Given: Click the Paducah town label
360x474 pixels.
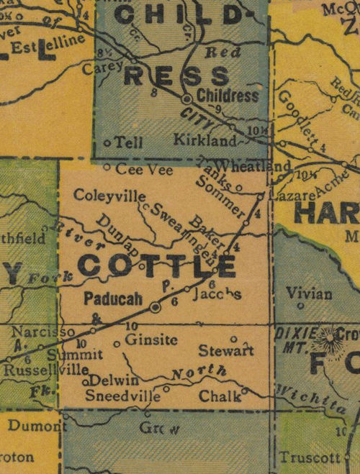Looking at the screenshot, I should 111,298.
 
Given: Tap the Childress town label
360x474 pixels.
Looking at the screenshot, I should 227,95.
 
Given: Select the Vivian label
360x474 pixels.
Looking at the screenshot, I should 309,293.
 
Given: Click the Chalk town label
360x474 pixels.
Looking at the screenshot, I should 215,396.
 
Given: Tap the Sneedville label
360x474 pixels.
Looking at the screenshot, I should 123,396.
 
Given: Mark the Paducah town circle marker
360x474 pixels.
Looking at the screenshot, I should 156,308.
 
